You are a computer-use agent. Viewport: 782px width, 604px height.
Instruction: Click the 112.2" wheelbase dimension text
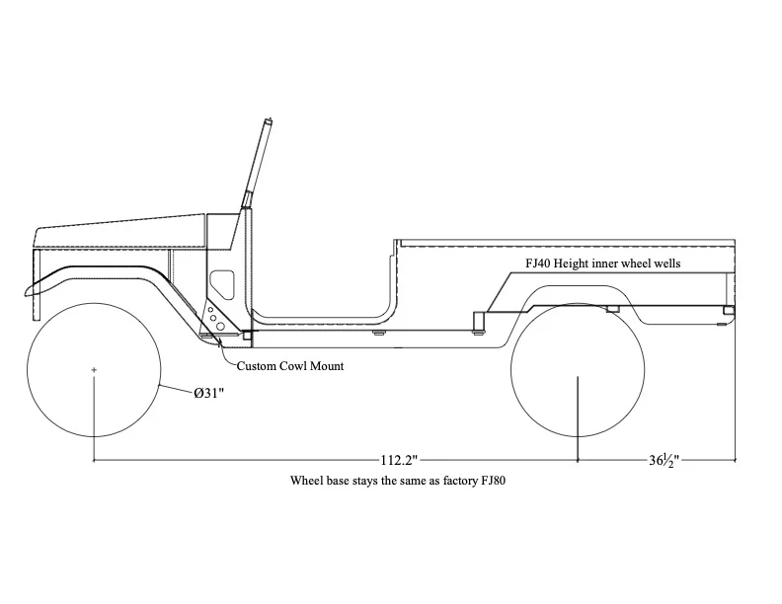click(398, 460)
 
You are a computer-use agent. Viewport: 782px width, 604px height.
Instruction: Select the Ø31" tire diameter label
click(209, 394)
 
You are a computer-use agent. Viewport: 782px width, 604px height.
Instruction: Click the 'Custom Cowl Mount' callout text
click(290, 366)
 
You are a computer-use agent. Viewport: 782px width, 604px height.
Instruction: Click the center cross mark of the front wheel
click(94, 370)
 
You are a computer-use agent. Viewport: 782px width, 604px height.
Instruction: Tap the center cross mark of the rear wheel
click(578, 370)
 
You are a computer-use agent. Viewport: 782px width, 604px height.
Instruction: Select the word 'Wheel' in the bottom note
click(305, 482)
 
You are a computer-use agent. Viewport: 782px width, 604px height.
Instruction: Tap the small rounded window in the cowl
click(222, 284)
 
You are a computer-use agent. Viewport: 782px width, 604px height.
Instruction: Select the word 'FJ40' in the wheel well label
click(539, 264)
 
